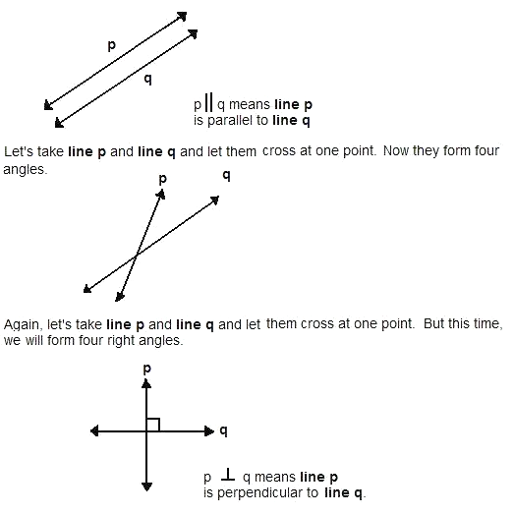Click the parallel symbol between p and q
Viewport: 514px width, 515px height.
pos(208,102)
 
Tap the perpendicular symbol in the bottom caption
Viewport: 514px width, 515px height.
pos(228,475)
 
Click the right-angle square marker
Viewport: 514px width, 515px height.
pos(153,425)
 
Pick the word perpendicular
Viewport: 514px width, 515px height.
pos(267,493)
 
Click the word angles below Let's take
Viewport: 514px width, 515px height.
pos(25,170)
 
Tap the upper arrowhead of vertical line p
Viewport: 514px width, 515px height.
pos(146,383)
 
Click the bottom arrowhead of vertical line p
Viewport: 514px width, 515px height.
pos(146,486)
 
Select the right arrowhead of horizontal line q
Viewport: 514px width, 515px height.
pos(209,430)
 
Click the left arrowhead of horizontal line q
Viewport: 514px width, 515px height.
pos(94,430)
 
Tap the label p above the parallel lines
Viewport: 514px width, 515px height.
pos(112,45)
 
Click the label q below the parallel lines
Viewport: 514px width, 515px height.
pos(148,80)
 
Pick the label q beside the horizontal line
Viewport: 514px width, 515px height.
pos(224,430)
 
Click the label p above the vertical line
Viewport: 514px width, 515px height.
pos(147,369)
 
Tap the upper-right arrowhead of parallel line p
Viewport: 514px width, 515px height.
pos(182,16)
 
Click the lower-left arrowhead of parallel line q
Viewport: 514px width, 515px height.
pos(59,123)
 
